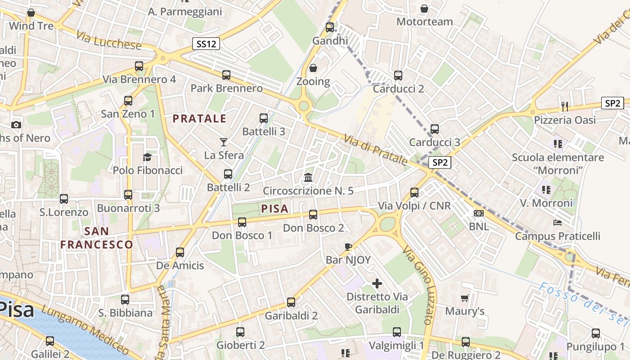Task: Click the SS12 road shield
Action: pyautogui.click(x=207, y=44)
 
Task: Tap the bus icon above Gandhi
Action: pyautogui.click(x=330, y=27)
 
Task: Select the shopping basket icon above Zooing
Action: pyautogui.click(x=313, y=68)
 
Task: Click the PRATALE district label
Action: pyautogui.click(x=200, y=119)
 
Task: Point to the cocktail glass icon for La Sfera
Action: pyautogui.click(x=224, y=142)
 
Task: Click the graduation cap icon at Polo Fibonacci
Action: pyautogui.click(x=147, y=157)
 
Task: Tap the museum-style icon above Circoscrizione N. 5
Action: pyautogui.click(x=308, y=177)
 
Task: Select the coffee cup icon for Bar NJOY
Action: pyautogui.click(x=348, y=246)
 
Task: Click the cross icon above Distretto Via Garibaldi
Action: pyautogui.click(x=377, y=283)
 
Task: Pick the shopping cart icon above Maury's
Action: pyautogui.click(x=464, y=298)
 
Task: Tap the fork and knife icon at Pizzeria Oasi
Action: pyautogui.click(x=565, y=106)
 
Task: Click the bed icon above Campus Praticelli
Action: pyautogui.click(x=558, y=222)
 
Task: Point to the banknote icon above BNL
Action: pyautogui.click(x=479, y=213)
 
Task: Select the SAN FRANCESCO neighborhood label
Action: pyautogui.click(x=97, y=238)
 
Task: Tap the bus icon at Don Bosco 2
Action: pyautogui.click(x=313, y=215)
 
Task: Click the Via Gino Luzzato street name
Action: pyautogui.click(x=418, y=285)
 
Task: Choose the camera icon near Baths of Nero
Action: pyautogui.click(x=16, y=125)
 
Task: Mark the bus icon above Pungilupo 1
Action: pyautogui.click(x=596, y=333)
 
